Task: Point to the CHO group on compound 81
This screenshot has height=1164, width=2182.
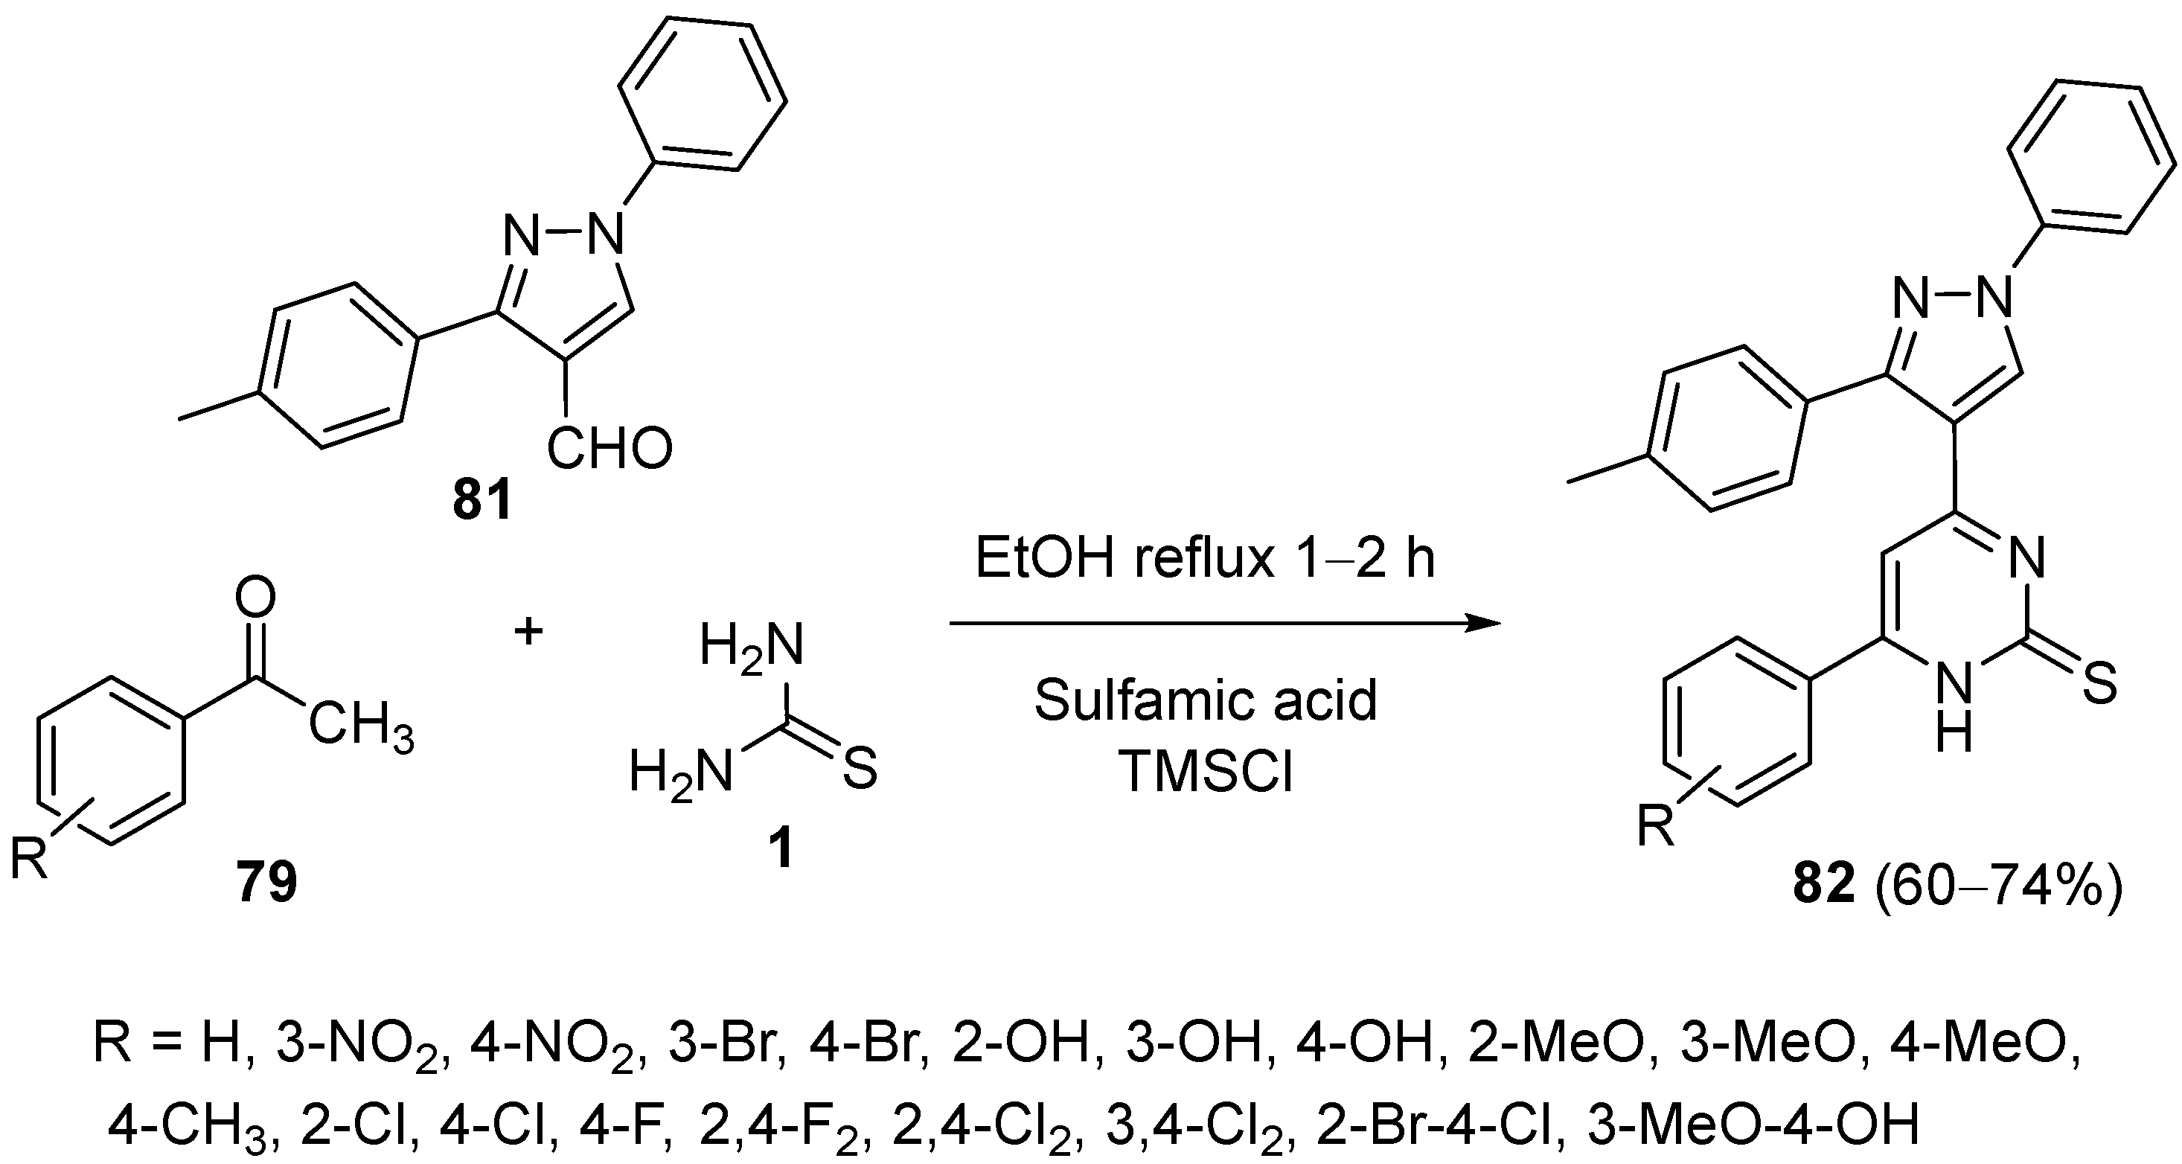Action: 609,448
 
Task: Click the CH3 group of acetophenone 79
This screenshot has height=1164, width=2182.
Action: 361,727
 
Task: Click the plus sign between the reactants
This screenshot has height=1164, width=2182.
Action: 528,631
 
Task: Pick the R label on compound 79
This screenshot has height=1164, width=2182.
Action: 28,857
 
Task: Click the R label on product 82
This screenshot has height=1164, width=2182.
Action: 1656,826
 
